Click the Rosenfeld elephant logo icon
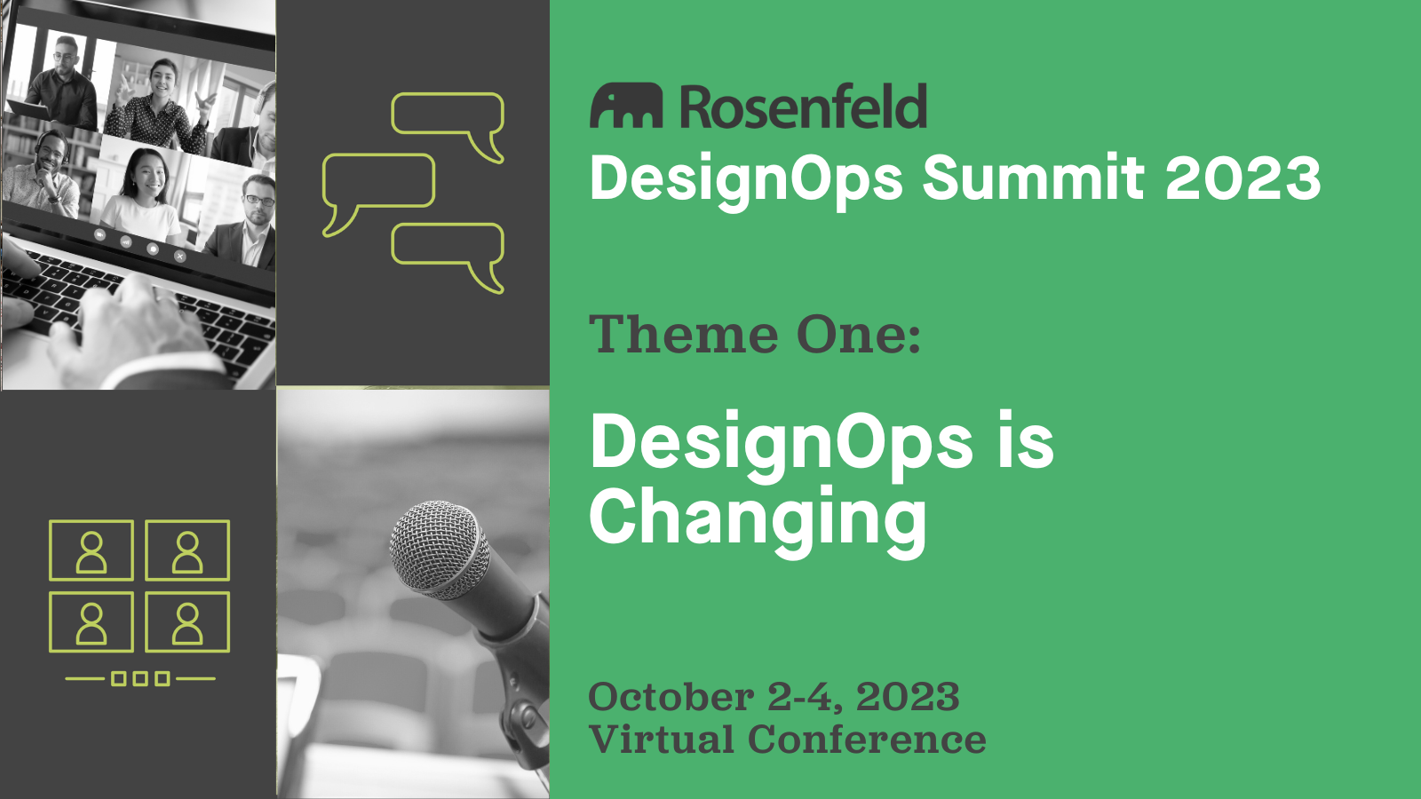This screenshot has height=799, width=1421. coord(626,107)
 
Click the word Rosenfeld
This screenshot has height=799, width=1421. coord(803,107)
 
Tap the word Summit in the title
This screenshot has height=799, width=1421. coord(1033,178)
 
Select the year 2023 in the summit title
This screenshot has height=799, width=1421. coord(1242,178)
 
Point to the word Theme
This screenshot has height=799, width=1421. coord(684,335)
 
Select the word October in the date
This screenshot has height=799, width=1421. coord(671,697)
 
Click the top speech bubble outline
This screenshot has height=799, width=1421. coord(449,115)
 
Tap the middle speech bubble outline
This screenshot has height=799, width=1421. coord(378,181)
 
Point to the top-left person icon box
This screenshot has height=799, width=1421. coord(91,550)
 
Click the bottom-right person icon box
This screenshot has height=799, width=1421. coord(187,621)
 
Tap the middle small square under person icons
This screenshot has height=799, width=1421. coord(140,679)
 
